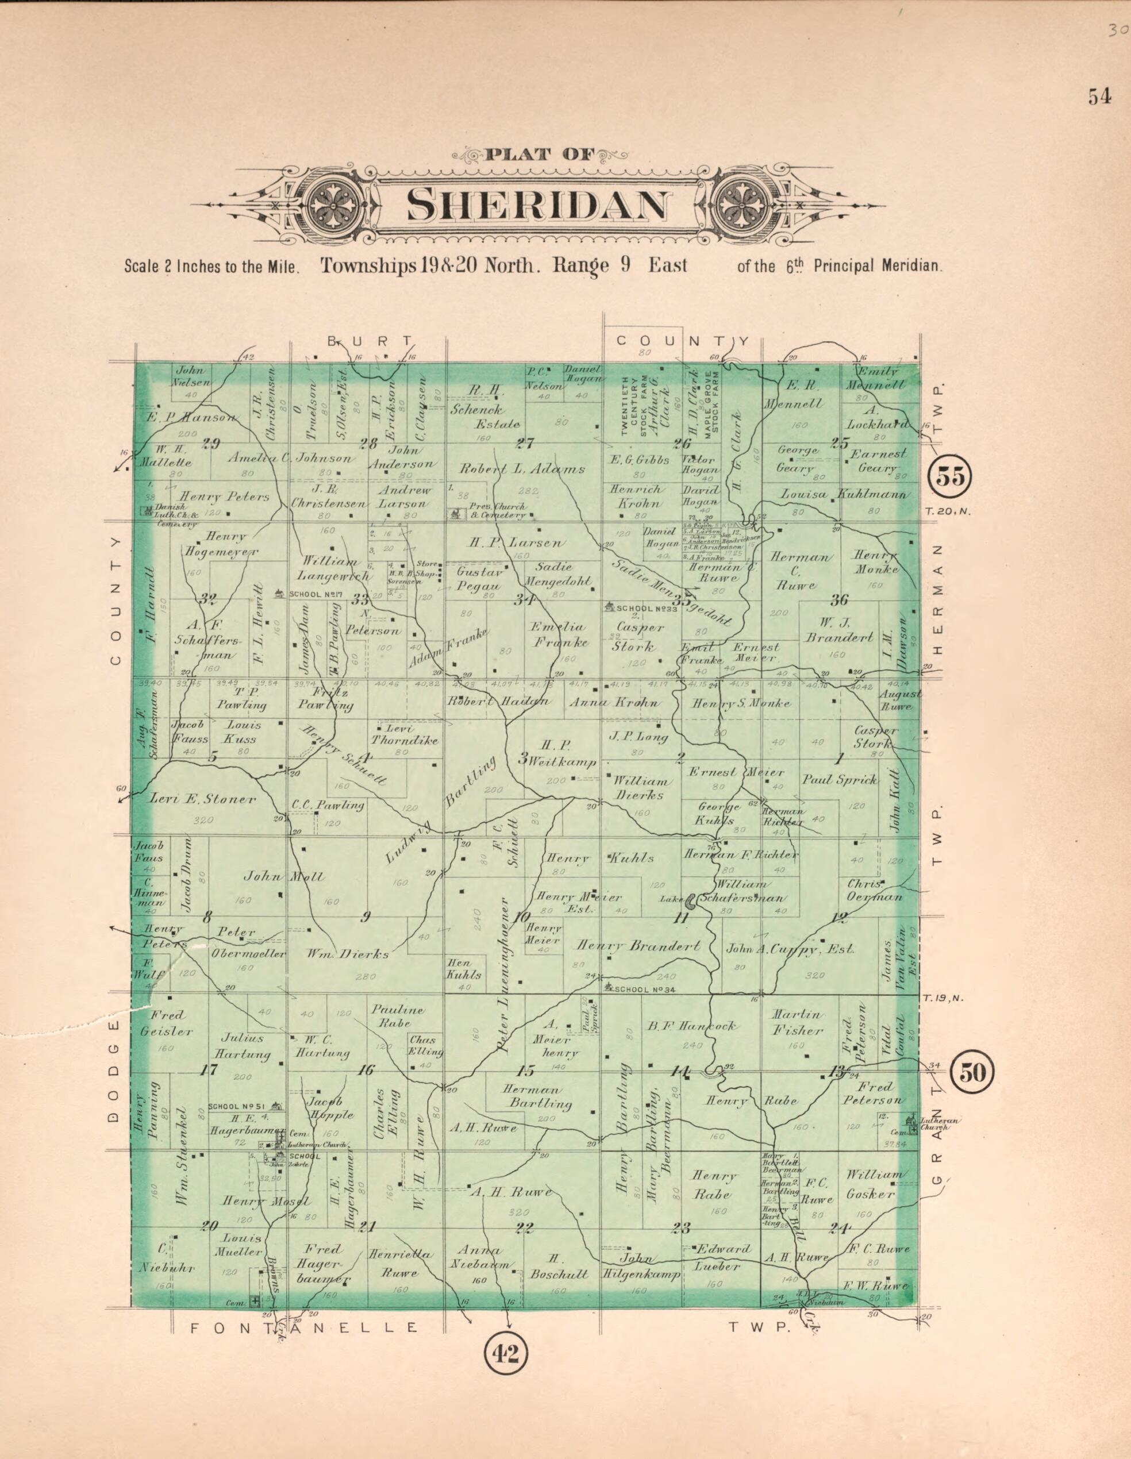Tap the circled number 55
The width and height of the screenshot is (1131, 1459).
[951, 478]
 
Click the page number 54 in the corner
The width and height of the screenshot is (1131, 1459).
[1099, 97]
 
